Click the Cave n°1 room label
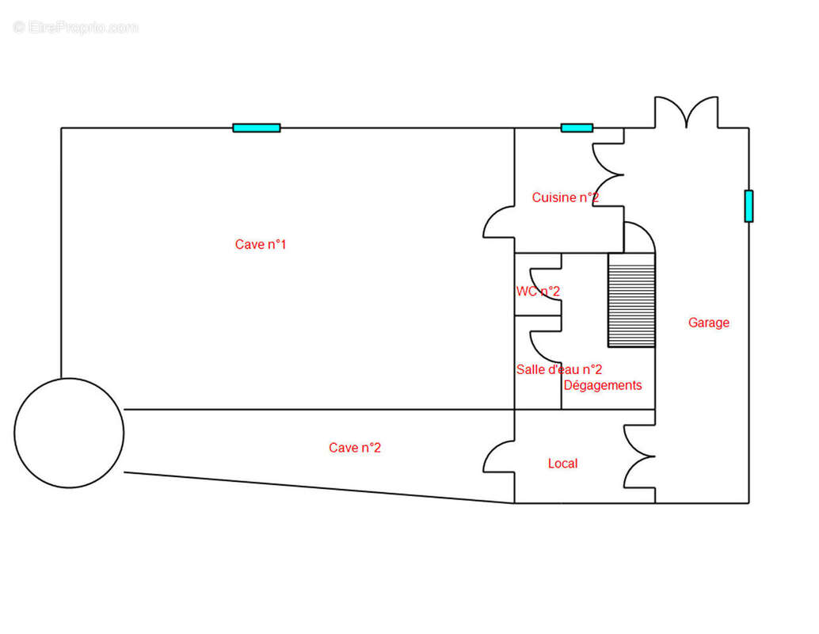tap(260, 244)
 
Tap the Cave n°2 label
tap(355, 448)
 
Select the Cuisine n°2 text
tap(566, 197)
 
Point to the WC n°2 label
tap(538, 291)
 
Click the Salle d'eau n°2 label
tap(559, 369)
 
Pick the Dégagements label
tap(603, 385)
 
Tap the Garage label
tap(709, 323)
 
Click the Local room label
tap(562, 463)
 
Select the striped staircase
tap(631, 300)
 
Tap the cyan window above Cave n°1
tap(257, 128)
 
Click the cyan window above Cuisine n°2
tap(577, 128)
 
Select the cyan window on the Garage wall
tap(749, 206)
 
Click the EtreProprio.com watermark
tap(76, 27)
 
